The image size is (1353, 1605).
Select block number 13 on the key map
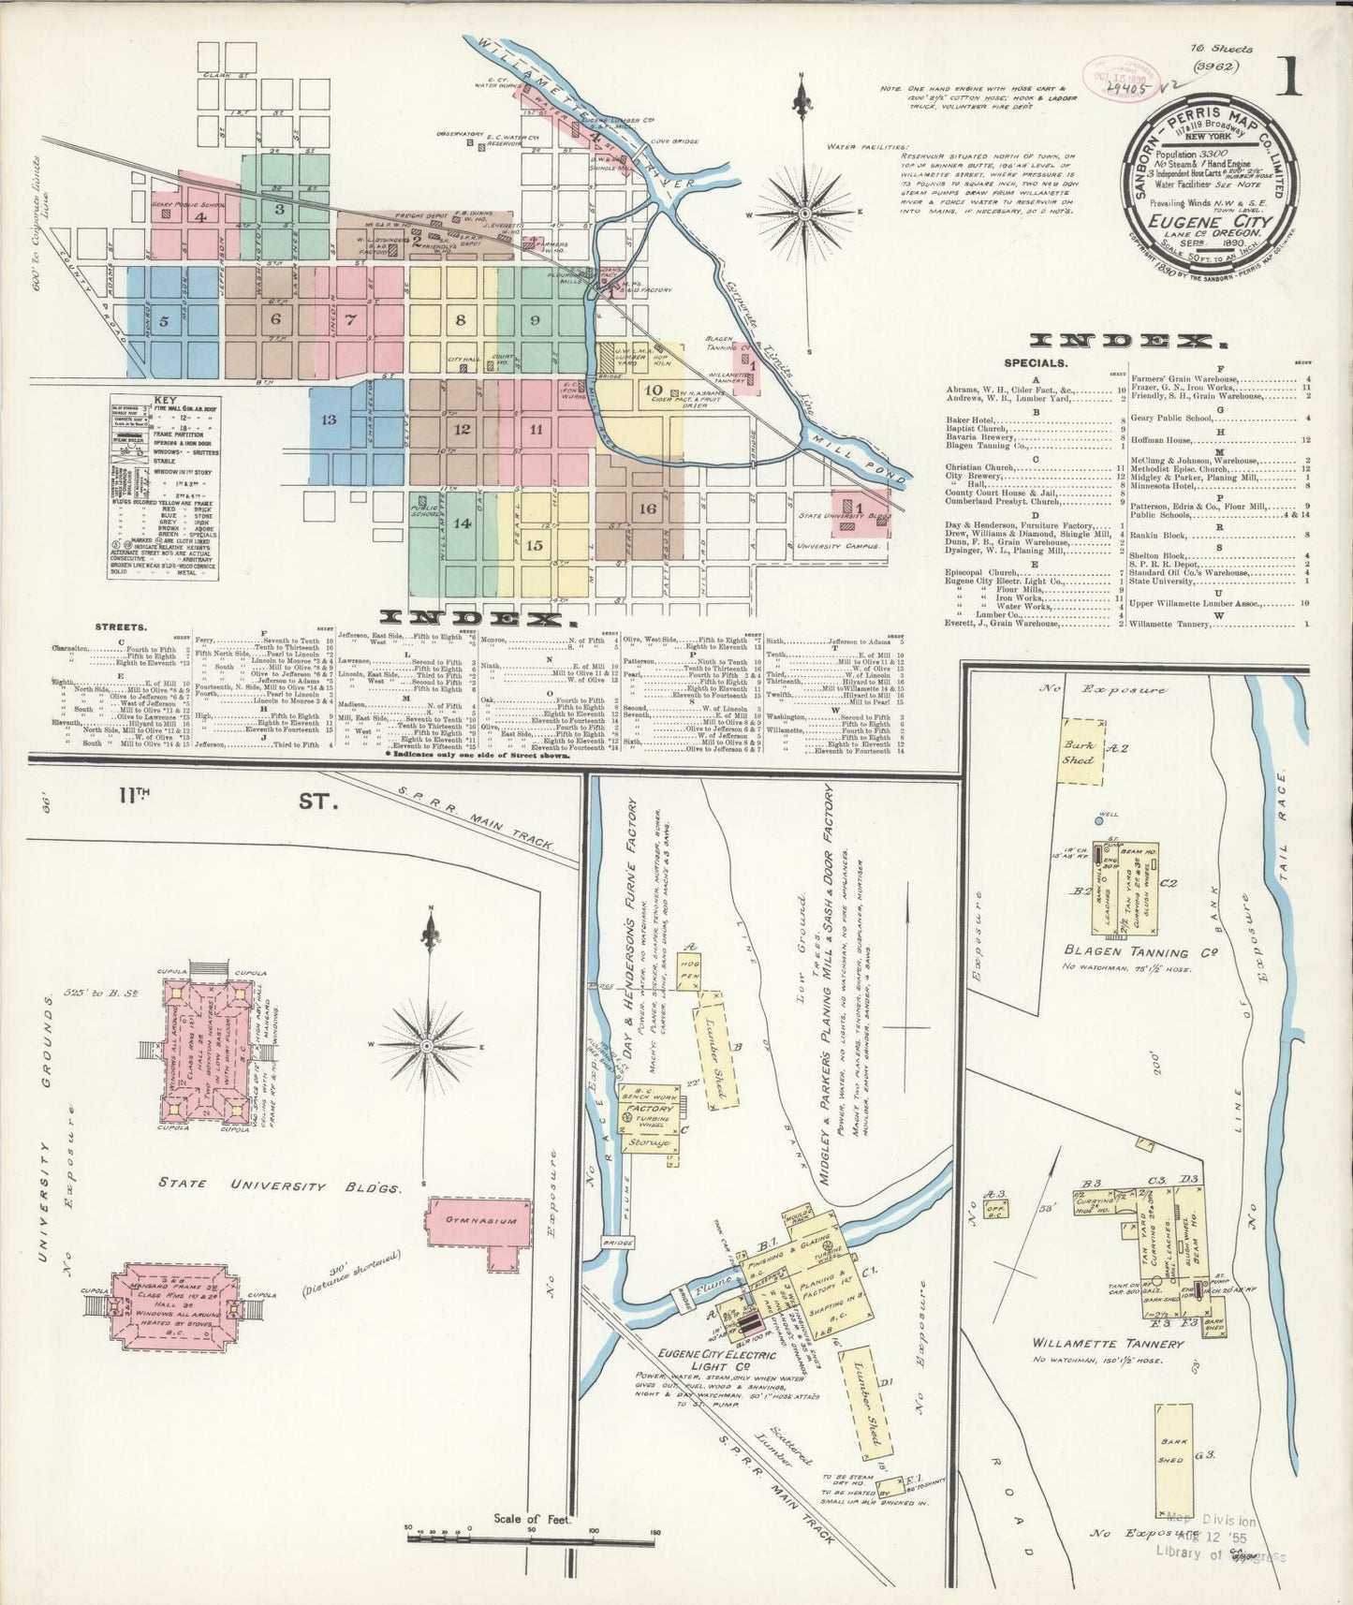tap(329, 419)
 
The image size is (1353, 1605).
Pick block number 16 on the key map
tap(647, 508)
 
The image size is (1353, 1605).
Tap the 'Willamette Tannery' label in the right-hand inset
tap(1108, 1343)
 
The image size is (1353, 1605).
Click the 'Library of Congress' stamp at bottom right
tap(1228, 1556)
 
